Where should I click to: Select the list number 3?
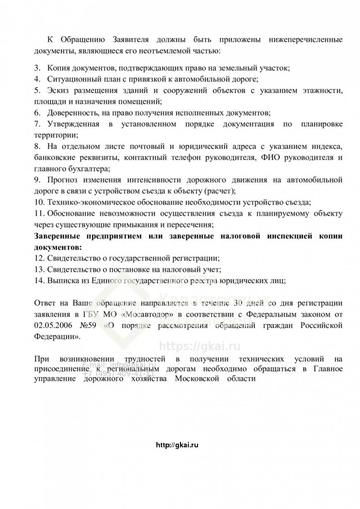pyautogui.click(x=37, y=67)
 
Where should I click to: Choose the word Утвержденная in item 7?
pyautogui.click(x=73, y=124)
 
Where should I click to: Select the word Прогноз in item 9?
pyautogui.click(x=61, y=180)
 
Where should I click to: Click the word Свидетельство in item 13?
pyautogui.click(x=72, y=269)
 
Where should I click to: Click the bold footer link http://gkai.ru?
pyautogui.click(x=178, y=445)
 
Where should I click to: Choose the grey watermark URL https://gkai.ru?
pyautogui.click(x=200, y=346)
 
